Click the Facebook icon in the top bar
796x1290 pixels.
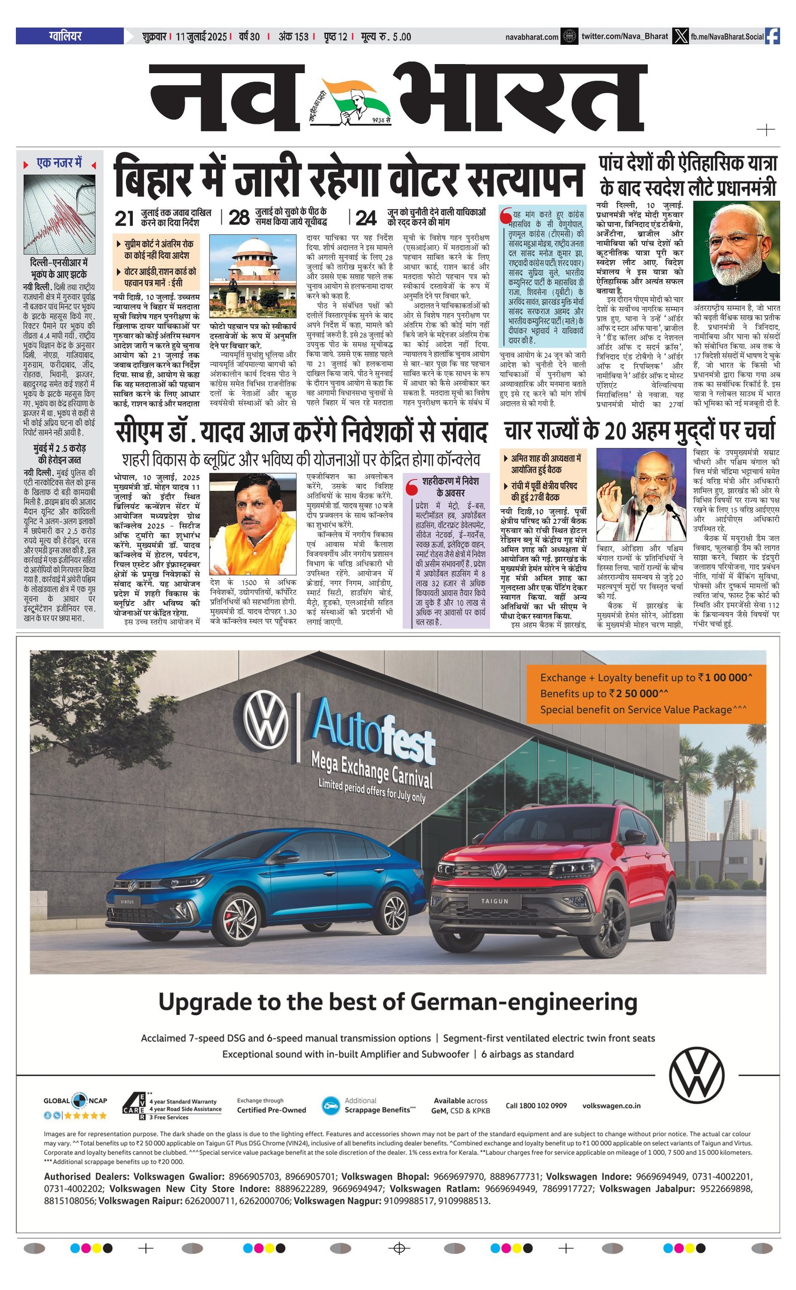772,36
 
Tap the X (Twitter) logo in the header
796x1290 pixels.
681,36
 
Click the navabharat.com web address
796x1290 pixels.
532,37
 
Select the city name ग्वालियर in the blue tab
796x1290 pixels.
65,36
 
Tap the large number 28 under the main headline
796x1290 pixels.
239,217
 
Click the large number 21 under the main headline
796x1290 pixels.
124,218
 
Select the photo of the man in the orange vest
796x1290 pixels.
253,524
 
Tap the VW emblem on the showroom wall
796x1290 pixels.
266,718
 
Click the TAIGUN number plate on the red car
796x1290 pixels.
495,901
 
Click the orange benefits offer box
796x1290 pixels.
646,693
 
